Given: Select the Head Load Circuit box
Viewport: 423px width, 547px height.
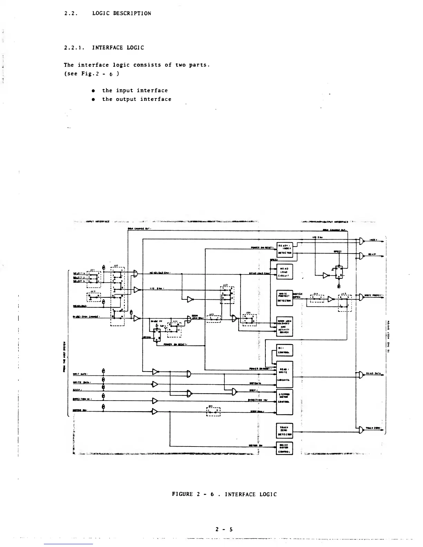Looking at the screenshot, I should pos(285,271).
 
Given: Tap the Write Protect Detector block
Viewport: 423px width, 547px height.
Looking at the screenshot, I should pos(285,297).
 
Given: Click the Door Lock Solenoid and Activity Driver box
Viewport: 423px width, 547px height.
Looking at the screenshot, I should pos(285,326).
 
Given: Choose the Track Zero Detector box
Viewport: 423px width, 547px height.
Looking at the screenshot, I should pos(285,431).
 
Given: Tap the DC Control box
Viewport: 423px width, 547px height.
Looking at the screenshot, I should pos(285,350).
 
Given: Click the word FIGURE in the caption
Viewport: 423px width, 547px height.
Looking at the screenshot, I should pos(182,494).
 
